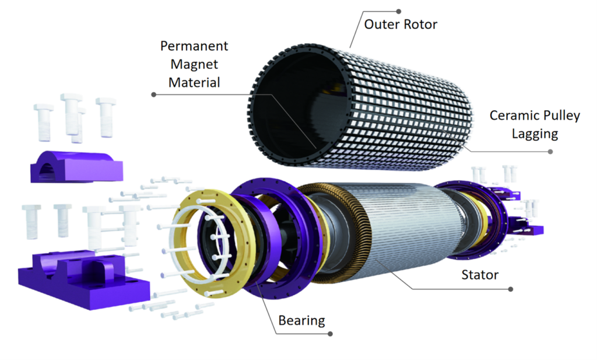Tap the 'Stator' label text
[480, 274]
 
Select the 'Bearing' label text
[301, 320]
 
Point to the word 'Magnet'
[194, 64]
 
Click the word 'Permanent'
[194, 46]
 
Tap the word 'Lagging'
[535, 134]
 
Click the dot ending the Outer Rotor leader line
[399, 11]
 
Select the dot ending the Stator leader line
[511, 289]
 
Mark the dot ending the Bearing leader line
[331, 334]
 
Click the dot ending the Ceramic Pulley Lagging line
[550, 151]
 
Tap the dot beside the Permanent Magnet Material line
[154, 94]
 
